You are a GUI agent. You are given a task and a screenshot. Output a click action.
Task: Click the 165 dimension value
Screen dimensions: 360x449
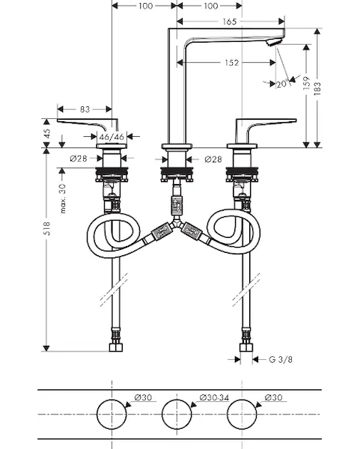[230, 22]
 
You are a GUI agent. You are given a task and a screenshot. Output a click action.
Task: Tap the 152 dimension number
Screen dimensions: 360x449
[232, 63]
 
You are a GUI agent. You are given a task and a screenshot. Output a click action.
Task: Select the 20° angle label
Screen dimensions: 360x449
[282, 84]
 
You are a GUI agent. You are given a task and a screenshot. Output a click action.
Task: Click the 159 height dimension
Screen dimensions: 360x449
[306, 83]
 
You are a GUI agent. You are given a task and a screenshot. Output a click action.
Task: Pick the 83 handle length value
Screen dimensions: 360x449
[85, 109]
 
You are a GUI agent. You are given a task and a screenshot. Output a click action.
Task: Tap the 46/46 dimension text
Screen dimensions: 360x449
[112, 137]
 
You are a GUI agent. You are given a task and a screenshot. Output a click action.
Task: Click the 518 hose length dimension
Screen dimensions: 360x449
[46, 228]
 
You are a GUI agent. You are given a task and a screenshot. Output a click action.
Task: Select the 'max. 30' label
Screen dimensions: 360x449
[63, 198]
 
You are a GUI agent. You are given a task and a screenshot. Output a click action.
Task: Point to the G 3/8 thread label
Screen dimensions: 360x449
[281, 359]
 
